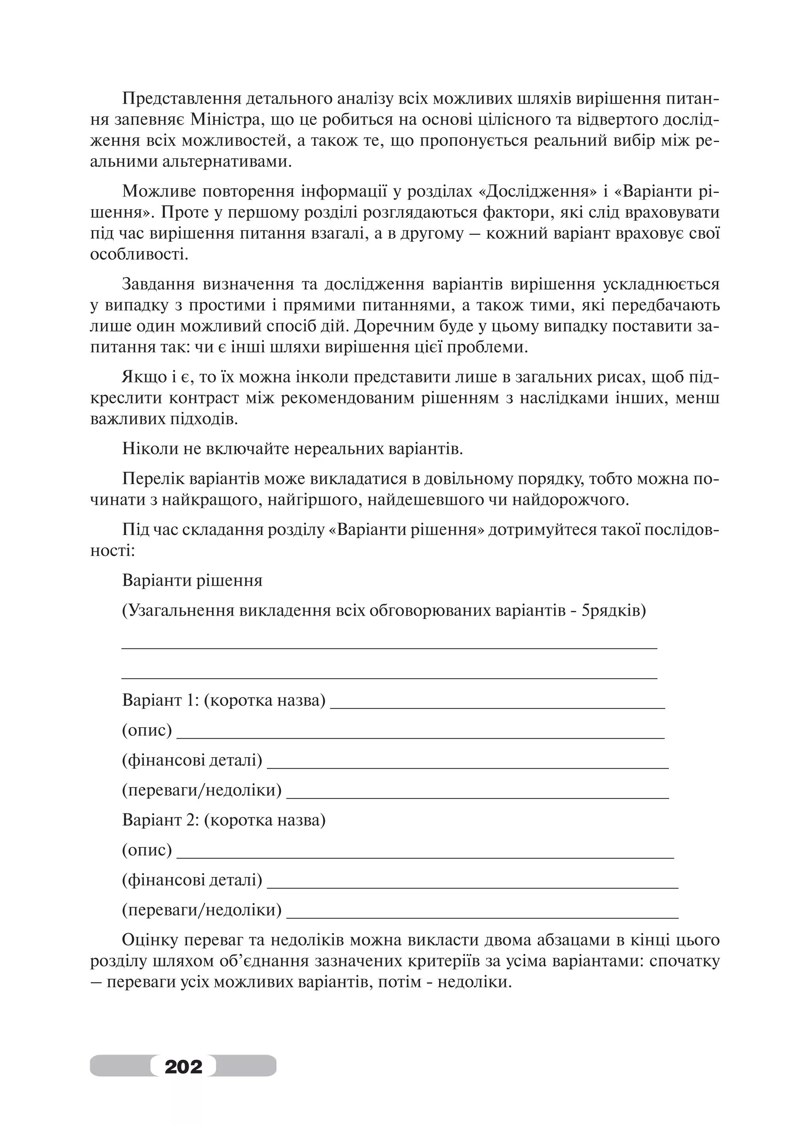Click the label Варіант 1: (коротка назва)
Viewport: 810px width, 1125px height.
click(224, 700)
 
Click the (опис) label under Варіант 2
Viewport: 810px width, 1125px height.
click(147, 850)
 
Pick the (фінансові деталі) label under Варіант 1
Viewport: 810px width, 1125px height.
click(192, 760)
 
